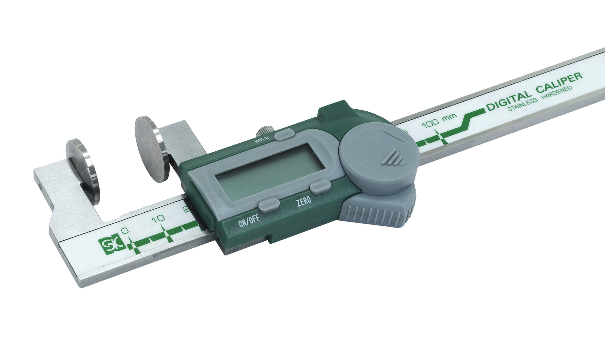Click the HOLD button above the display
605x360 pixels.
point(283,135)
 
